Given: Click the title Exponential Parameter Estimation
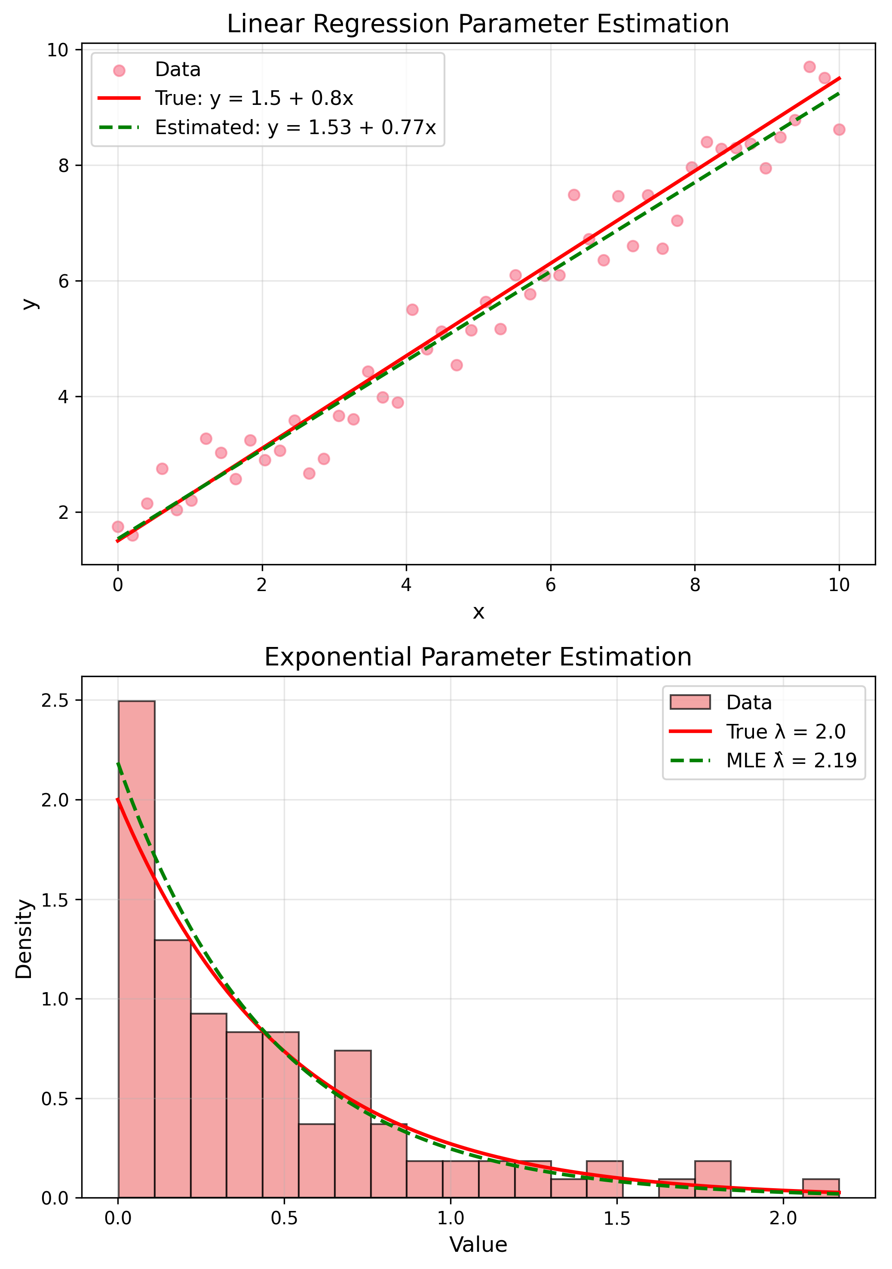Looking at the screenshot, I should [478, 657].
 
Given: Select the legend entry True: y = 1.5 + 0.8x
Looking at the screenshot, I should [254, 98].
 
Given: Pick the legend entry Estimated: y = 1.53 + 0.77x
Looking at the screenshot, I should [295, 128].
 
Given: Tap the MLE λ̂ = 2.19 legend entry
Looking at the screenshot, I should [791, 760].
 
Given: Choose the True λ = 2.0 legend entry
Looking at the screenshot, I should [785, 732].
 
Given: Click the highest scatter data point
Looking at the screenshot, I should [809, 67].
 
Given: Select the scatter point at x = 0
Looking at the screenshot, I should [118, 527].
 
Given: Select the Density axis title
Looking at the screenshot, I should [25, 940].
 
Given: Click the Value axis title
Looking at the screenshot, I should [478, 1244].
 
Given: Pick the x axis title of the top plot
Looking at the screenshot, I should [478, 612].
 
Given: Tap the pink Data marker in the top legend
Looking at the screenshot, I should [119, 70].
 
